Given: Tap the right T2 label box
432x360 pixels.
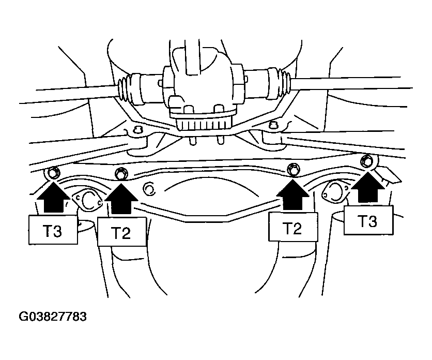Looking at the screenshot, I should click(x=292, y=228).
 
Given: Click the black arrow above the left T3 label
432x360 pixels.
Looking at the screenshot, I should click(x=53, y=198).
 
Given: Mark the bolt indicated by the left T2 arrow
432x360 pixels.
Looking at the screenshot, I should click(x=121, y=173).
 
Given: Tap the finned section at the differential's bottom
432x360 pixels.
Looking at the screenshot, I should click(x=204, y=125).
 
